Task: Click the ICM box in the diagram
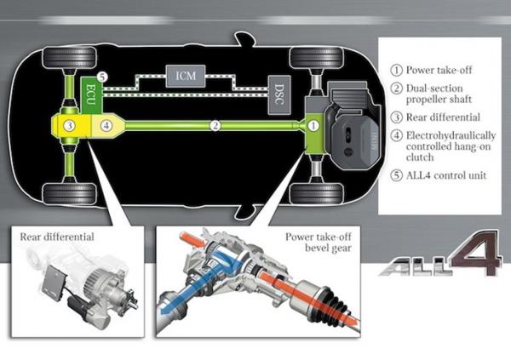click(x=186, y=76)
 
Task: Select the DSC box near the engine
click(x=279, y=94)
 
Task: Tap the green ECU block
click(x=92, y=94)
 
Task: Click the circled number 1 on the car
click(x=313, y=125)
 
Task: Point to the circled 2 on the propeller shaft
click(x=215, y=125)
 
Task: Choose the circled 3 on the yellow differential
click(x=70, y=125)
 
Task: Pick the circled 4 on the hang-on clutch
click(x=106, y=125)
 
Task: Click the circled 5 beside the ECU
click(x=102, y=77)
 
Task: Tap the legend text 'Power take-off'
click(x=439, y=70)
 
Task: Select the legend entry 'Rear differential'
click(x=443, y=117)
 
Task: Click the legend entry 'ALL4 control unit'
click(x=446, y=175)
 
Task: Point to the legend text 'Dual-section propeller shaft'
click(x=439, y=94)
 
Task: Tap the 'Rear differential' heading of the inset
click(x=57, y=237)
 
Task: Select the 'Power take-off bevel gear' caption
click(x=319, y=243)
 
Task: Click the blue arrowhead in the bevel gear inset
click(x=165, y=310)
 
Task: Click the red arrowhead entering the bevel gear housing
click(x=200, y=242)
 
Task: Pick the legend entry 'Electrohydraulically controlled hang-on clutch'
click(x=451, y=146)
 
